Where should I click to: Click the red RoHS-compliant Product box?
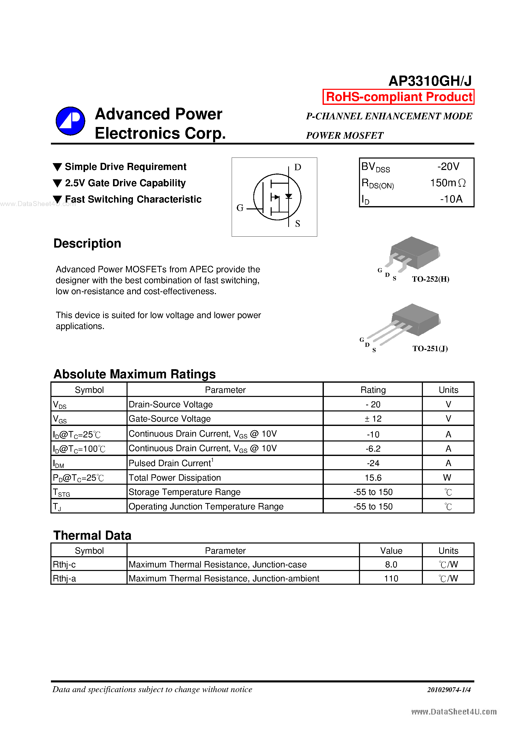click(x=398, y=97)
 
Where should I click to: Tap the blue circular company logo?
click(x=70, y=121)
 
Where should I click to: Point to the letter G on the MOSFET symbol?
click(x=240, y=208)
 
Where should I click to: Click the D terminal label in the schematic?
click(x=297, y=167)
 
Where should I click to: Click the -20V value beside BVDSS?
click(x=448, y=167)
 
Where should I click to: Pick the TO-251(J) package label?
click(x=430, y=349)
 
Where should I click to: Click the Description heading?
click(x=87, y=243)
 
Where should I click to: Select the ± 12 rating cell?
click(x=373, y=419)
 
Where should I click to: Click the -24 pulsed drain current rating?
click(x=373, y=463)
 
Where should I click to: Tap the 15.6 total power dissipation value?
click(x=373, y=478)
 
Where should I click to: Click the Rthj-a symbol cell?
click(x=64, y=578)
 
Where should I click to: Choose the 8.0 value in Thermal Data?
click(x=391, y=564)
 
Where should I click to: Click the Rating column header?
click(x=373, y=390)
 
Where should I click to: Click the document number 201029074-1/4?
click(x=449, y=690)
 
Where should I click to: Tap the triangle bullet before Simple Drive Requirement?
click(x=57, y=167)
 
